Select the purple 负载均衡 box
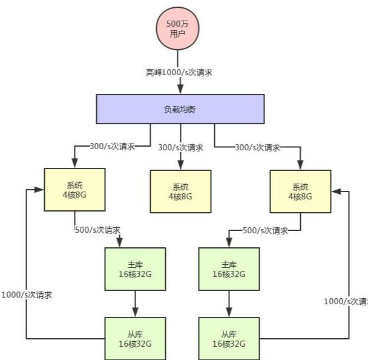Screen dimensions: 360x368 [x=180, y=109]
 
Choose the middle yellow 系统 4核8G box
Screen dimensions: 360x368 [x=180, y=192]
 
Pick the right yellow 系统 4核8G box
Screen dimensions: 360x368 [x=300, y=192]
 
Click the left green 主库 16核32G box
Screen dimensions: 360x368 [x=135, y=269]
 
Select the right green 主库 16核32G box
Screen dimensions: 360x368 [x=229, y=269]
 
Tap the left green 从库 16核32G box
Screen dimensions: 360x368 [x=135, y=338]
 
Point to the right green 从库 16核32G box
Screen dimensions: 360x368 [x=229, y=338]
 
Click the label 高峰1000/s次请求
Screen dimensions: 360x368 [x=179, y=72]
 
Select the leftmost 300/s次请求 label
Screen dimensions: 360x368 [x=112, y=147]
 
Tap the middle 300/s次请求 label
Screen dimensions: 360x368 [x=180, y=147]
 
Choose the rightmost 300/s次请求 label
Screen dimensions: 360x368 [x=258, y=147]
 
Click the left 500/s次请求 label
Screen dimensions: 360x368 [x=97, y=230]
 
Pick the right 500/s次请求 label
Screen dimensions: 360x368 [x=264, y=230]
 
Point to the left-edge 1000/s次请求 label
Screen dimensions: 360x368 [x=27, y=295]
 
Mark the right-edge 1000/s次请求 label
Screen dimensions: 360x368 [x=346, y=301]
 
